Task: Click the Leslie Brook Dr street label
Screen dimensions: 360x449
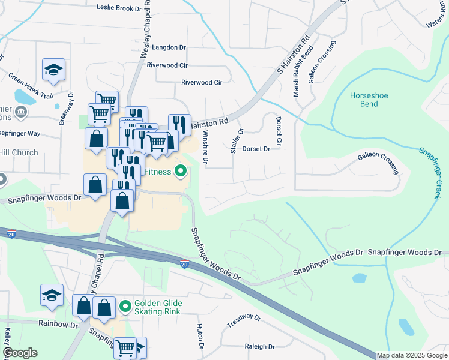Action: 122,8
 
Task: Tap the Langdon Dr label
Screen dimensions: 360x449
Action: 170,47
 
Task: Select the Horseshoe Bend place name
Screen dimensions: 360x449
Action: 364,100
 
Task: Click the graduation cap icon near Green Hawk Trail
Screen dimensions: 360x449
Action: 53,70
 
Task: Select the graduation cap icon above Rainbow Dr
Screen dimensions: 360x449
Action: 52,295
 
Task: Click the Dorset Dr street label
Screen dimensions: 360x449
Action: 256,149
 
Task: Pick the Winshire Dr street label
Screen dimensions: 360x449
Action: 205,147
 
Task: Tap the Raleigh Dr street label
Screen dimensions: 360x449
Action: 259,347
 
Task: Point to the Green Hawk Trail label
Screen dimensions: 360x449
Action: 31,86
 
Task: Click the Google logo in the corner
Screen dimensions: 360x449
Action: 20,353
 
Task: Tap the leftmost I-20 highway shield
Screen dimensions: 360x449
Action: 11,235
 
